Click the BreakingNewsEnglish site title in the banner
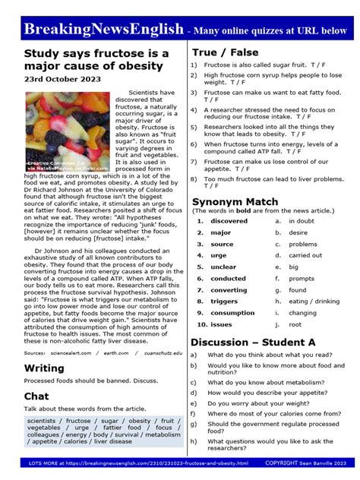tap(103, 30)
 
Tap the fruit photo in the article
tap(68, 131)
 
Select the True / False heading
tap(226, 52)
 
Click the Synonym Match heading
tap(235, 201)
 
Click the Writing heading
tap(44, 368)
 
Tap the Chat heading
tap(36, 396)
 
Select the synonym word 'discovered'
tap(229, 221)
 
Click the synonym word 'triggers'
tap(224, 302)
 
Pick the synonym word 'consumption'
tap(232, 313)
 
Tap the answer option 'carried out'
tap(305, 255)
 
